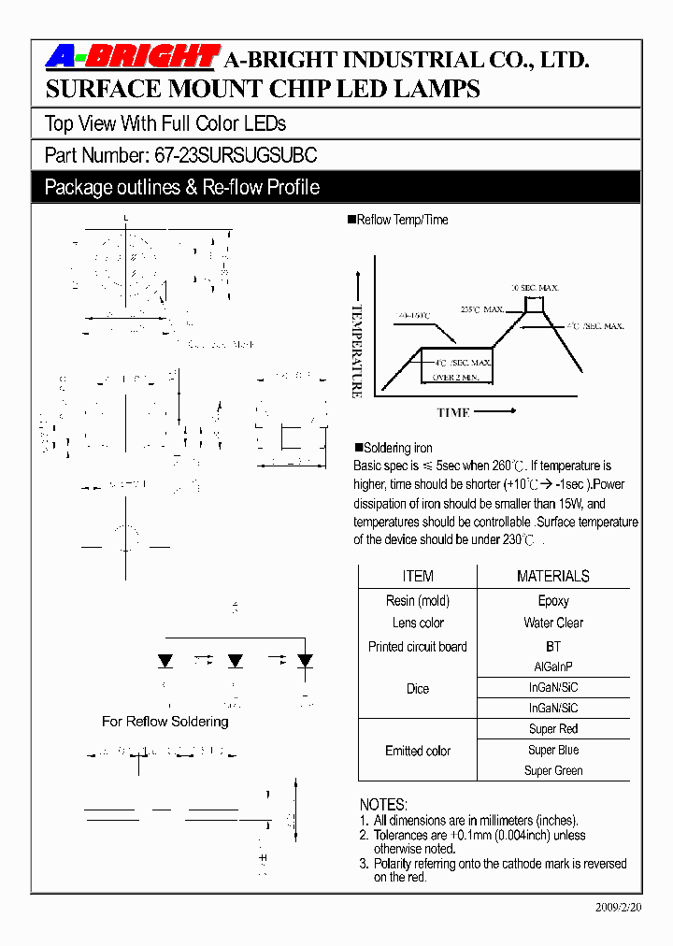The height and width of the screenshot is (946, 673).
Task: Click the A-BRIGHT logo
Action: (x=132, y=58)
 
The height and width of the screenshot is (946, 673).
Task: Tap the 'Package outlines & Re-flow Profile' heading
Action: (x=182, y=187)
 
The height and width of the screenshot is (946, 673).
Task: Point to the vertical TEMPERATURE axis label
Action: (x=356, y=351)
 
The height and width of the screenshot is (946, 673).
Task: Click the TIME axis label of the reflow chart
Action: (x=453, y=412)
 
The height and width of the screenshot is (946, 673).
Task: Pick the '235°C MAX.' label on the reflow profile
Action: (x=482, y=309)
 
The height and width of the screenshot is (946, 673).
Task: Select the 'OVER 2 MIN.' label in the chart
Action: (x=456, y=377)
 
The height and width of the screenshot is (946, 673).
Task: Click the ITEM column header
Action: (x=417, y=576)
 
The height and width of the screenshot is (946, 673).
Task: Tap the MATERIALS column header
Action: (x=552, y=576)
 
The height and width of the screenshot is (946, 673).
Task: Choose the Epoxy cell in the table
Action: (x=553, y=601)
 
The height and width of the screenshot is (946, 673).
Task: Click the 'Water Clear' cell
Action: (x=553, y=623)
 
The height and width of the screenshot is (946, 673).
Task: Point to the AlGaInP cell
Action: (x=553, y=667)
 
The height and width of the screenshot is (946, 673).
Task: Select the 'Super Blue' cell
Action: (x=553, y=750)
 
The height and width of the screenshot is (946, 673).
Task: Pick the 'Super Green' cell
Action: (x=553, y=771)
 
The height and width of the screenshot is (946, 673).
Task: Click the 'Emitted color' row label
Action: (x=418, y=751)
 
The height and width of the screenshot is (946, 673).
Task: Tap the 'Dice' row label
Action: (x=418, y=689)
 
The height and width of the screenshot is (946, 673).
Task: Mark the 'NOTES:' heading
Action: (x=383, y=805)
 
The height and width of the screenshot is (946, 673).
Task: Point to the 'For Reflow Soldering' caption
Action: (x=165, y=722)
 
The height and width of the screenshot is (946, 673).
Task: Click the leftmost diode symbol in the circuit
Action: (x=165, y=661)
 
